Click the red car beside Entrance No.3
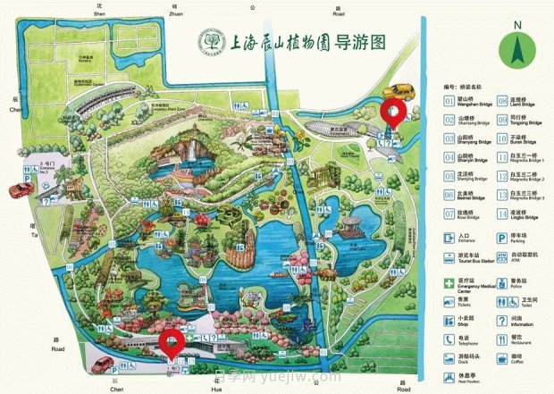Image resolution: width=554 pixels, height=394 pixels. pos(20,189)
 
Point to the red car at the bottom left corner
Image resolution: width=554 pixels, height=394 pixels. pos(103,365)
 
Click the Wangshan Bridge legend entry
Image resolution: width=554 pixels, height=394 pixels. pos(468,102)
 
